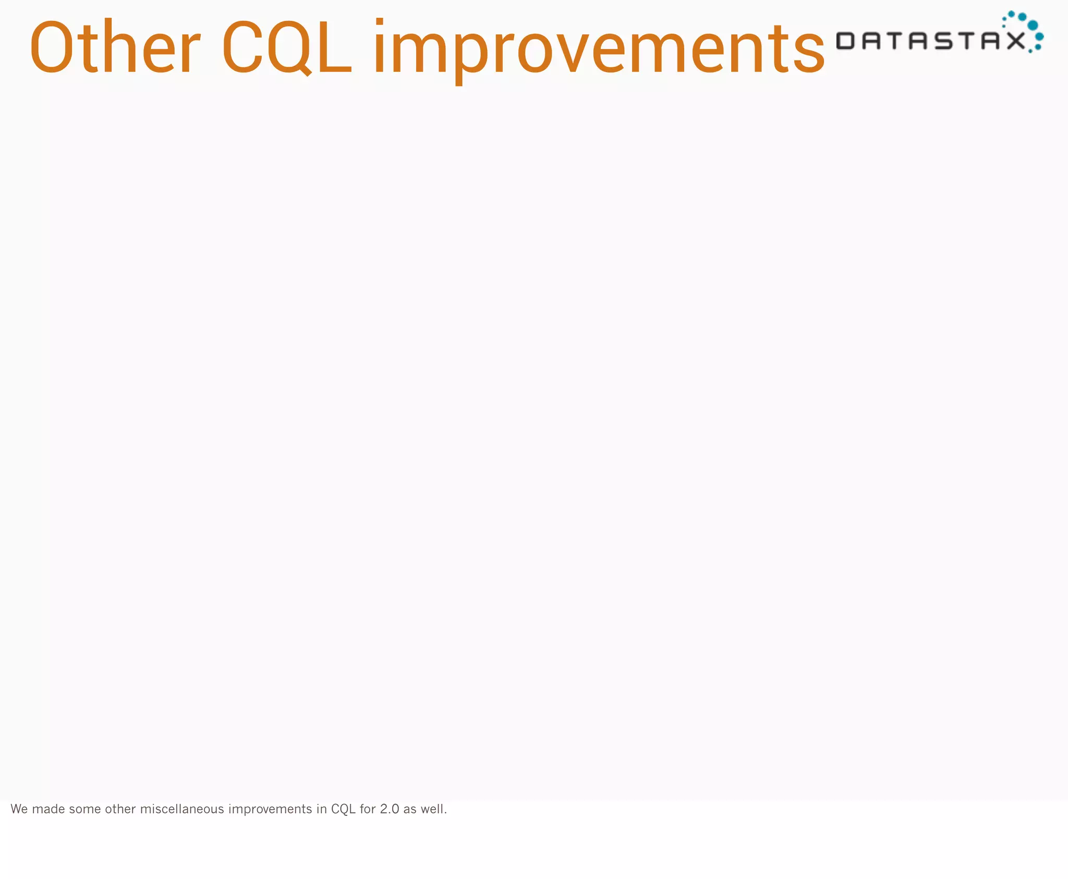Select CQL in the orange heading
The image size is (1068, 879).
(286, 47)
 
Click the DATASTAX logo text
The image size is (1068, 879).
(930, 41)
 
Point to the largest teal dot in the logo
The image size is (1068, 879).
(1033, 25)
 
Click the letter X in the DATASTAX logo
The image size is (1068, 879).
(1015, 41)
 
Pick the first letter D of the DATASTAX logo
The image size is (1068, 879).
(845, 41)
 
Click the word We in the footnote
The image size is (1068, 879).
(19, 809)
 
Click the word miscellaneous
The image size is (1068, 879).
(182, 809)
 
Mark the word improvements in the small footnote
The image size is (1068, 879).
(270, 809)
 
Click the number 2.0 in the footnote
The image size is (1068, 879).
(390, 809)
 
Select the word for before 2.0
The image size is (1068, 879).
(368, 809)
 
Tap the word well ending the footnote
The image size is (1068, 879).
(434, 809)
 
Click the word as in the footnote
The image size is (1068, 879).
(410, 809)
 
